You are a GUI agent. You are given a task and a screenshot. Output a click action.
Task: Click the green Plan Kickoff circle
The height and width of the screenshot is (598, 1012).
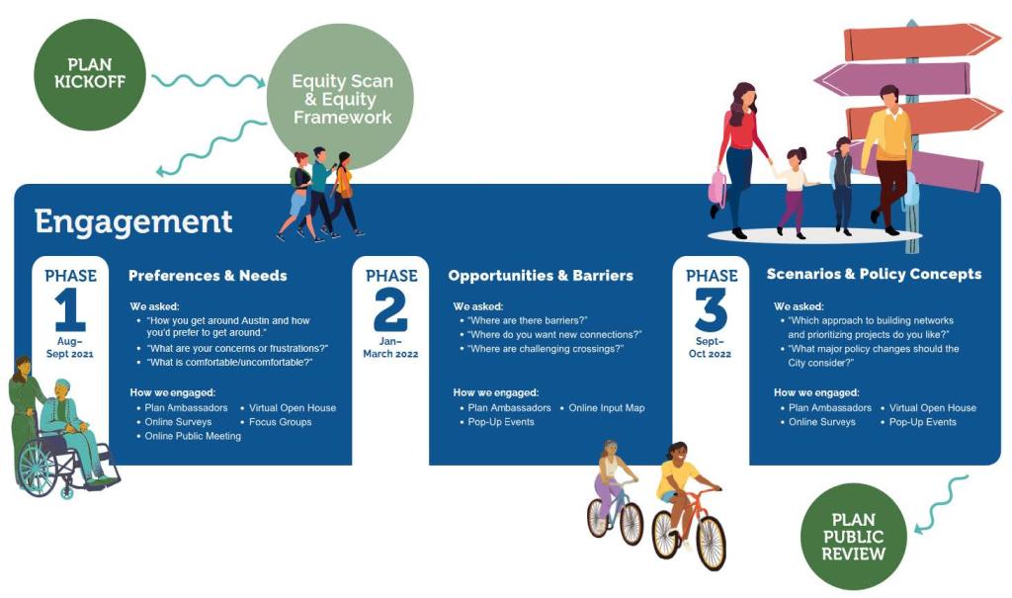90,75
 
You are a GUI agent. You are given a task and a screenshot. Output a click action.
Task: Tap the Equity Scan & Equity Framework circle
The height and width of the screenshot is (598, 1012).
341,98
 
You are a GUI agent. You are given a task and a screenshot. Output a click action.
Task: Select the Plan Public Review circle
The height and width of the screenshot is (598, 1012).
853,536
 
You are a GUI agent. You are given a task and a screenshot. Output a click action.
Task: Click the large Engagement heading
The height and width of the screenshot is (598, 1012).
133,221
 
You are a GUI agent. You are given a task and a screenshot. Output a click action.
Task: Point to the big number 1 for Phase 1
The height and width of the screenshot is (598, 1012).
70,309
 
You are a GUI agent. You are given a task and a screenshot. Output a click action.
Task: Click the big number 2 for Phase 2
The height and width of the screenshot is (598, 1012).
389,309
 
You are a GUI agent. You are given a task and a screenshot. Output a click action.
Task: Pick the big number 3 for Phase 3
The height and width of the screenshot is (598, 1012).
711,309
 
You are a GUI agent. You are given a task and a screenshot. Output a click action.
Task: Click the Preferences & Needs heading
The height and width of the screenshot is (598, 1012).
208,276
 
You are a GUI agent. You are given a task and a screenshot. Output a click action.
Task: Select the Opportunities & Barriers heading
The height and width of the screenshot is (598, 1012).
540,276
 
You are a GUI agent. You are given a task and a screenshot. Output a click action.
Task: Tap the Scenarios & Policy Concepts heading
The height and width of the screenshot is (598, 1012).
874,274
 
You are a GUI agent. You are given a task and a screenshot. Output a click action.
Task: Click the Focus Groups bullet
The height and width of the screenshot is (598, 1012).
280,422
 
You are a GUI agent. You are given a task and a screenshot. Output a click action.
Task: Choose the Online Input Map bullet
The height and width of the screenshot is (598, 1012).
606,407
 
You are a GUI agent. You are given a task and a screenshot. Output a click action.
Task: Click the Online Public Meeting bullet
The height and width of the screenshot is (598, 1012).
193,436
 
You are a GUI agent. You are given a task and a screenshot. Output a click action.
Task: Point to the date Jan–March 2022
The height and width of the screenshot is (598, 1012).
390,348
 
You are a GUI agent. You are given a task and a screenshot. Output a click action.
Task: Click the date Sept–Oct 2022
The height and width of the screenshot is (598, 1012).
712,348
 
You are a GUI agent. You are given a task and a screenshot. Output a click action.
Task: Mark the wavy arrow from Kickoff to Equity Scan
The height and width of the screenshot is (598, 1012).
209,81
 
